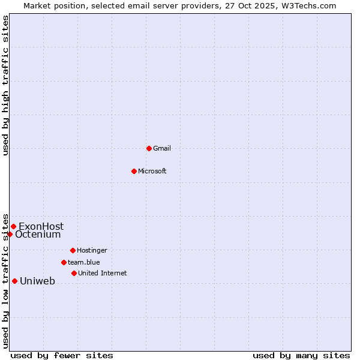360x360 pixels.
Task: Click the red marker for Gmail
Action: (149, 148)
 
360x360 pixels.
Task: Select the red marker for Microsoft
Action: (134, 171)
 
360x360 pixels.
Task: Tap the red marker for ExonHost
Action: (13, 226)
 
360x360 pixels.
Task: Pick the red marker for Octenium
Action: (10, 234)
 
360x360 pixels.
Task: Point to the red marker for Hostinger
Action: (73, 250)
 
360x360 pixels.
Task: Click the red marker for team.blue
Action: (64, 262)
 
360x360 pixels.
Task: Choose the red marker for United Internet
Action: (74, 273)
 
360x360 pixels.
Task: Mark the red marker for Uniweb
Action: (14, 281)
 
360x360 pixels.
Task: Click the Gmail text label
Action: (163, 148)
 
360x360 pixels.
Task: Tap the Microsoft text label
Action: (152, 171)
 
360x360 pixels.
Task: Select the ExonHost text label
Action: (41, 226)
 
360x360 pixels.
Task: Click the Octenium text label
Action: (38, 235)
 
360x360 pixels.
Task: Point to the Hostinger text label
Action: (92, 250)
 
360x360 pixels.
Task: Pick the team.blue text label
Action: (84, 262)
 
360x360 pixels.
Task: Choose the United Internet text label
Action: (103, 273)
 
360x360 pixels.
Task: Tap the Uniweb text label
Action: (37, 281)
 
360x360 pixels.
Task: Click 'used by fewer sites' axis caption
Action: (62, 355)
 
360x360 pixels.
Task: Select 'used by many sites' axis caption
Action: (301, 355)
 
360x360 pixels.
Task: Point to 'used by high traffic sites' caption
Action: (5, 85)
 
